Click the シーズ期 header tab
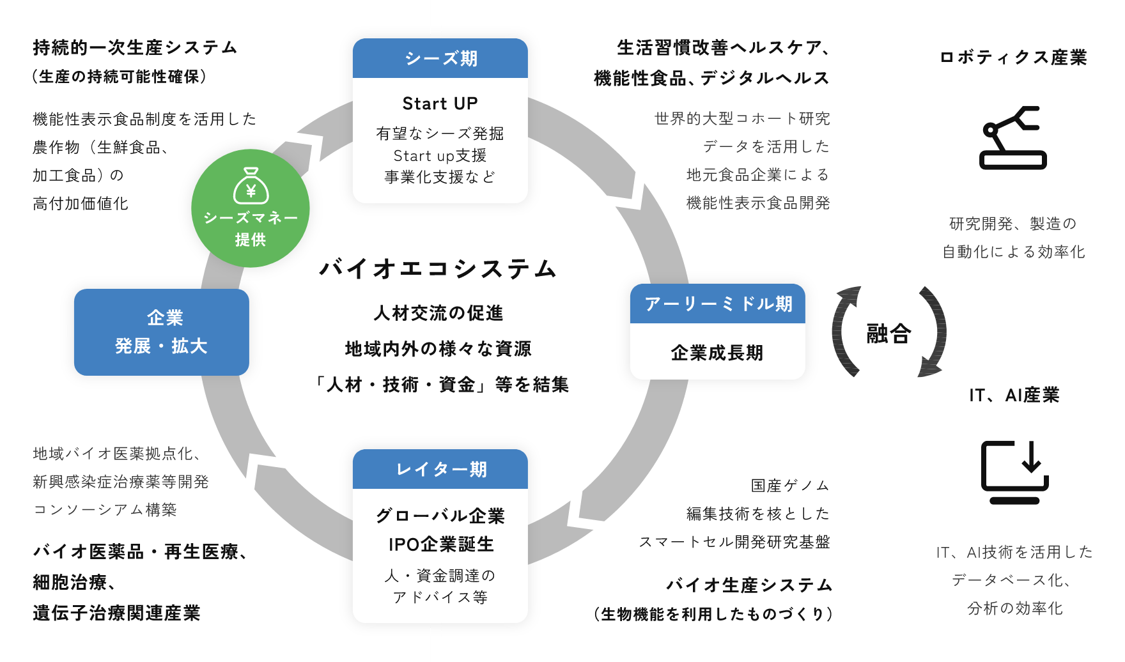(x=440, y=59)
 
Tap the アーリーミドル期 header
(x=717, y=304)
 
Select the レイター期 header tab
(x=440, y=470)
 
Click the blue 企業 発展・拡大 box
(x=162, y=332)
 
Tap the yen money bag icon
(x=251, y=186)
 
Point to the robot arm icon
(x=1012, y=138)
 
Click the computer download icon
(x=1014, y=472)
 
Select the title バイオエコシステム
(x=438, y=269)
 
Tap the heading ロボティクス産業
(x=1013, y=58)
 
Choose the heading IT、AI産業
(x=1014, y=396)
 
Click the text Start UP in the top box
(x=440, y=104)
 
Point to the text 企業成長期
(x=717, y=353)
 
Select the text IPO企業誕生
(x=441, y=544)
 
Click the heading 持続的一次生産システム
(x=136, y=48)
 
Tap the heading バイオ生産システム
(x=749, y=585)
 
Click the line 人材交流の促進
(x=438, y=313)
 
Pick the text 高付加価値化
(x=81, y=204)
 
